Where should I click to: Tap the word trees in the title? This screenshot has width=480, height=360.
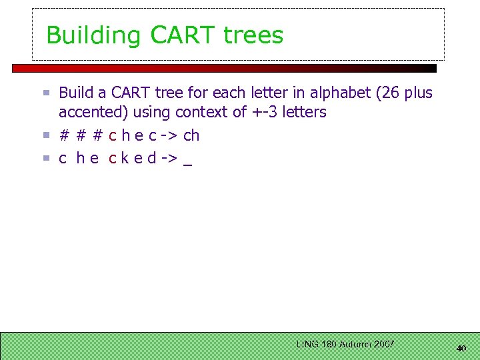[x=253, y=35]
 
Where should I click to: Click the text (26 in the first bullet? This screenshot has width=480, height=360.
[x=389, y=93]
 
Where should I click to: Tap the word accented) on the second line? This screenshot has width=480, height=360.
[x=89, y=112]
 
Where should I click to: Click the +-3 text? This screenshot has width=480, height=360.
[x=265, y=112]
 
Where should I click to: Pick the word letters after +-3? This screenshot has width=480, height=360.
[x=305, y=112]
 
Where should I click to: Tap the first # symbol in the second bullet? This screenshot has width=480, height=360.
[x=64, y=135]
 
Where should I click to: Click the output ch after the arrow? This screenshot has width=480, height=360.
[x=191, y=135]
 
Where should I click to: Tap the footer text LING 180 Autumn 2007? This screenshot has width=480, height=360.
[x=345, y=344]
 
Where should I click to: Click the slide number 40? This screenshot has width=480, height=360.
[x=461, y=348]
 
